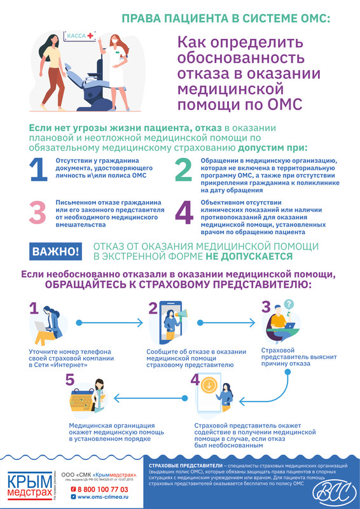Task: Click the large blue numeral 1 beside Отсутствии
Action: click(x=38, y=170)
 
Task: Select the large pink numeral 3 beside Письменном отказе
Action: click(x=38, y=213)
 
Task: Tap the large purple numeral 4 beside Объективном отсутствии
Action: click(x=183, y=213)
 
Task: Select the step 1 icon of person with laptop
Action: click(x=47, y=327)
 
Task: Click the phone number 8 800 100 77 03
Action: click(x=102, y=489)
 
